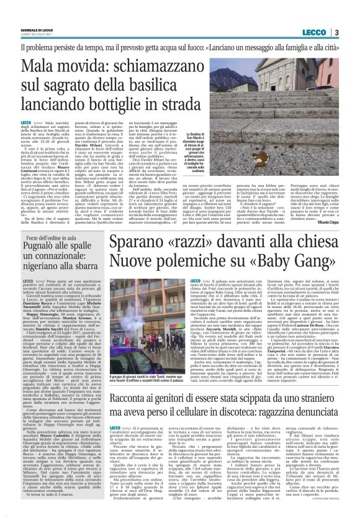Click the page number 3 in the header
[336, 31]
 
